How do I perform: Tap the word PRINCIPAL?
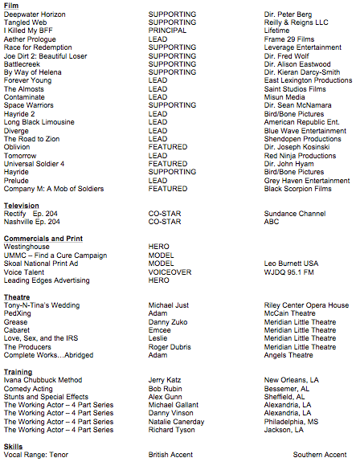166,31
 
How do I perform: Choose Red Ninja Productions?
300,155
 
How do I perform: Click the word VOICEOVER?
170,272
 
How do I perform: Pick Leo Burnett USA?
291,264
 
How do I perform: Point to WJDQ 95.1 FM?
289,272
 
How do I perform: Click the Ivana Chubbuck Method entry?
43,380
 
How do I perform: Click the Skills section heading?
13,447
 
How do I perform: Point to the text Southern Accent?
319,456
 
